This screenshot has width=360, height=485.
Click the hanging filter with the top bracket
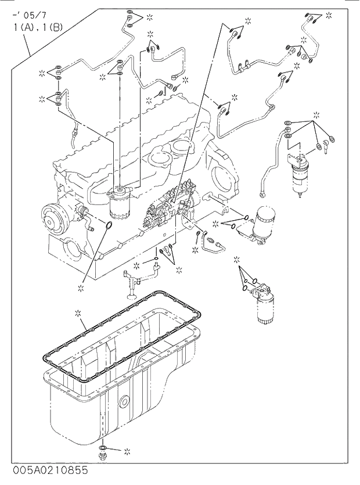pyautogui.click(x=302, y=172)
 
